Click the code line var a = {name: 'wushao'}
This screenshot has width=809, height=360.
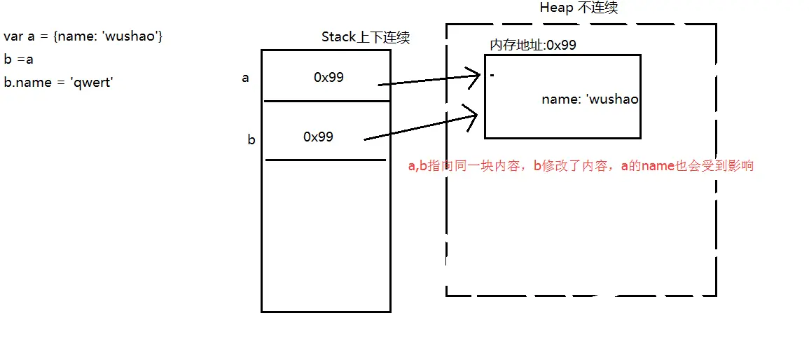[x=83, y=36]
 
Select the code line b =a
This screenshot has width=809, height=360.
[x=19, y=60]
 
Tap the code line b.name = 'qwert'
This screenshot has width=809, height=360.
[x=58, y=83]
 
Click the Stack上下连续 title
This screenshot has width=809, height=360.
[x=365, y=38]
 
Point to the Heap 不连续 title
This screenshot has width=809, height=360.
[x=579, y=8]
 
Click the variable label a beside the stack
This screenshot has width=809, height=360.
[x=245, y=78]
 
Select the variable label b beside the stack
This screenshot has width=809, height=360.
[x=251, y=140]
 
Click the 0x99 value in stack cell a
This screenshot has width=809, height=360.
[x=329, y=78]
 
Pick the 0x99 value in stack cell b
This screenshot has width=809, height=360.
[x=318, y=137]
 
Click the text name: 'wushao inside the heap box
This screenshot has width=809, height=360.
[x=590, y=100]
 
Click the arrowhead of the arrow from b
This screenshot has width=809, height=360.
[x=474, y=112]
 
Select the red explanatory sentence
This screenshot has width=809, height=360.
[x=581, y=167]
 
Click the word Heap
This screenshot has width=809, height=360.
[x=556, y=8]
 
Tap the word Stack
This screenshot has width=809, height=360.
[x=339, y=38]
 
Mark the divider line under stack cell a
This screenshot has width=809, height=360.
[x=326, y=101]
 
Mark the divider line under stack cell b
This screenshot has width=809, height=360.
[x=326, y=160]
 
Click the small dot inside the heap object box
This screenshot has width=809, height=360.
[x=492, y=75]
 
